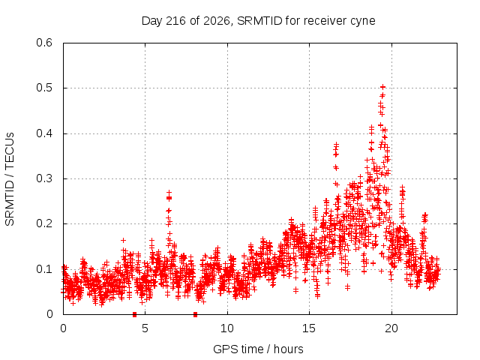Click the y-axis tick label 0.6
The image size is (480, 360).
pos(44,43)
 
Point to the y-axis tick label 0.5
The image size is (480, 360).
pos(44,88)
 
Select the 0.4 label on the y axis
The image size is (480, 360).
pos(44,133)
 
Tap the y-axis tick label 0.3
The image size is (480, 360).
pos(44,178)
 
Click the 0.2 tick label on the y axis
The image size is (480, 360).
pos(44,223)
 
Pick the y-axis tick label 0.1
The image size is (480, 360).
pos(44,269)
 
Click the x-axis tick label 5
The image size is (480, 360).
pos(145,328)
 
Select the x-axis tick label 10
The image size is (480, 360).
pos(226,328)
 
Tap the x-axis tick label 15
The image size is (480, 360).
pos(309,328)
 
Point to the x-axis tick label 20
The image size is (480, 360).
pos(391,328)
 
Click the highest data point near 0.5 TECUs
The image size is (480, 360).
pos(382,87)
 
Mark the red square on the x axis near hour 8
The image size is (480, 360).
pos(195,314)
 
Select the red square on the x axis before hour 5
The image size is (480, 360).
pos(134,314)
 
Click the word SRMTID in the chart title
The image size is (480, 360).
pos(259,21)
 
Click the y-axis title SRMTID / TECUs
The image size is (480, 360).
pos(10,179)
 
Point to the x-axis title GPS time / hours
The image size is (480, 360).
pos(258,349)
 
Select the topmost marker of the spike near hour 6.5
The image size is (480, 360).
pos(169,193)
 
